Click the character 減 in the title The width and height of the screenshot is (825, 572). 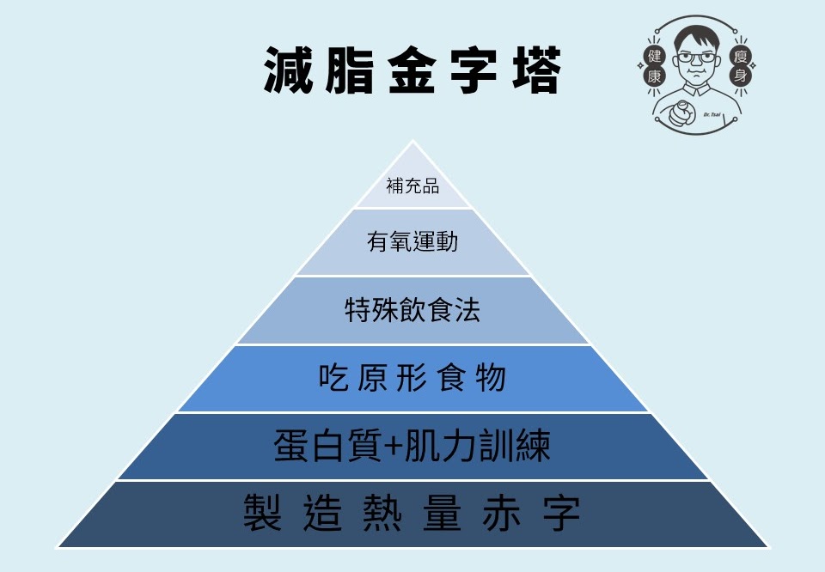[289, 71]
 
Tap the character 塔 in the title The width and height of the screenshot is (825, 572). [535, 71]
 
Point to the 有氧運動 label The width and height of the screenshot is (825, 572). [412, 242]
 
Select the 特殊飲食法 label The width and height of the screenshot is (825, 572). [412, 310]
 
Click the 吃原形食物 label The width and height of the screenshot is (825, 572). [412, 378]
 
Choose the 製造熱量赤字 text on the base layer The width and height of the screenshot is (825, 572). [412, 513]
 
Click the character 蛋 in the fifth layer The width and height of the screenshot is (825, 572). [292, 447]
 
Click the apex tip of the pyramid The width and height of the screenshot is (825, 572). [412, 143]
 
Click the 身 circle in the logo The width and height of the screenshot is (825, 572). [739, 77]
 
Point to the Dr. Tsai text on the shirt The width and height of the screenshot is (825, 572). [713, 114]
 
